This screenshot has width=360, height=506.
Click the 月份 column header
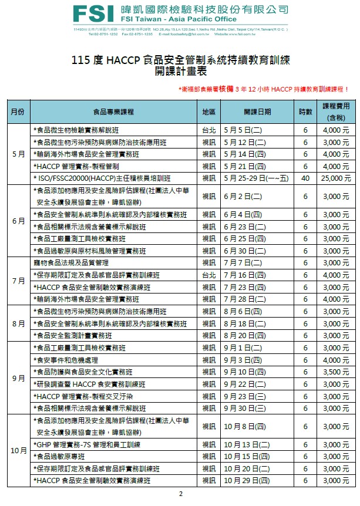tap(17, 112)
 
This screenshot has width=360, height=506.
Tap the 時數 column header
tap(305, 112)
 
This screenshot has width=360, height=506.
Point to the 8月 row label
tap(18, 323)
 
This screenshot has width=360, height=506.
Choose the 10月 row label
tap(18, 451)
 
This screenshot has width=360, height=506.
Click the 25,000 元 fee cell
tap(335, 178)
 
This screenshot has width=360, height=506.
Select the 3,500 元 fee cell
tap(337, 372)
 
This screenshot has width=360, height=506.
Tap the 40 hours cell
tap(305, 178)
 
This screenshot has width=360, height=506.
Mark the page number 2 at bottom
tap(180, 494)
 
